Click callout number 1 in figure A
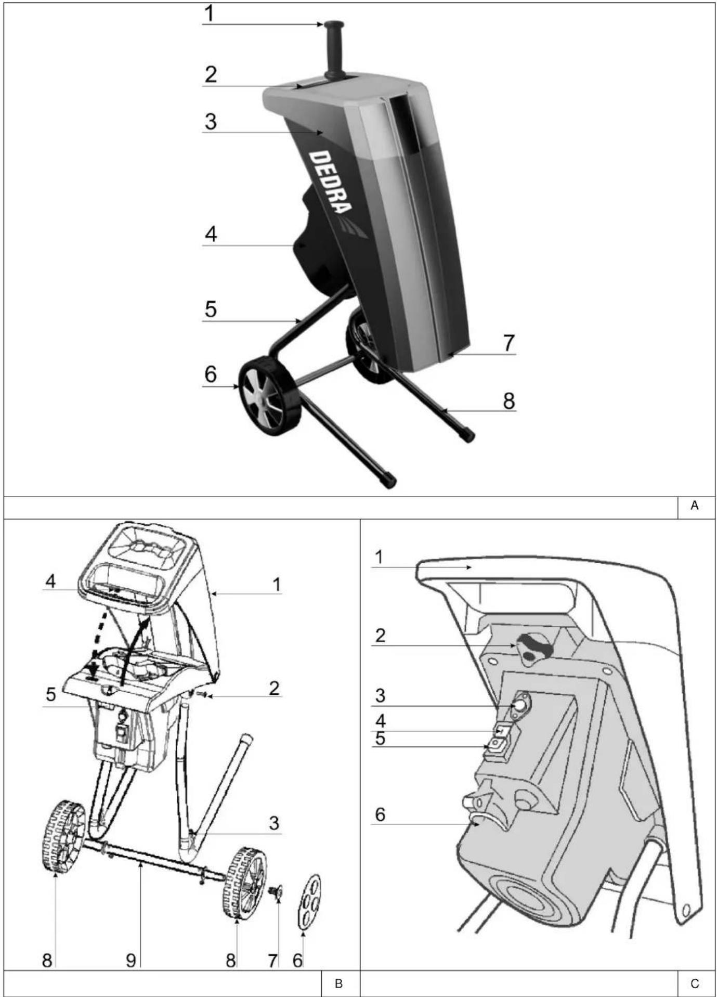click(x=209, y=14)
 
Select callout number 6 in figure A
click(x=210, y=374)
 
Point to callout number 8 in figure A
click(x=509, y=400)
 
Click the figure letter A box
click(x=695, y=505)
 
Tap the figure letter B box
click(x=338, y=984)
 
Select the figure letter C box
click(x=695, y=984)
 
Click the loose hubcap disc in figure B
click(x=310, y=908)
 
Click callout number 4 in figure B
click(x=50, y=581)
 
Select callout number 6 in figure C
click(x=380, y=814)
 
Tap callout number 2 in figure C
click(x=380, y=635)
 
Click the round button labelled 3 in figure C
click(x=519, y=706)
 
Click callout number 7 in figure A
click(x=509, y=343)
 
